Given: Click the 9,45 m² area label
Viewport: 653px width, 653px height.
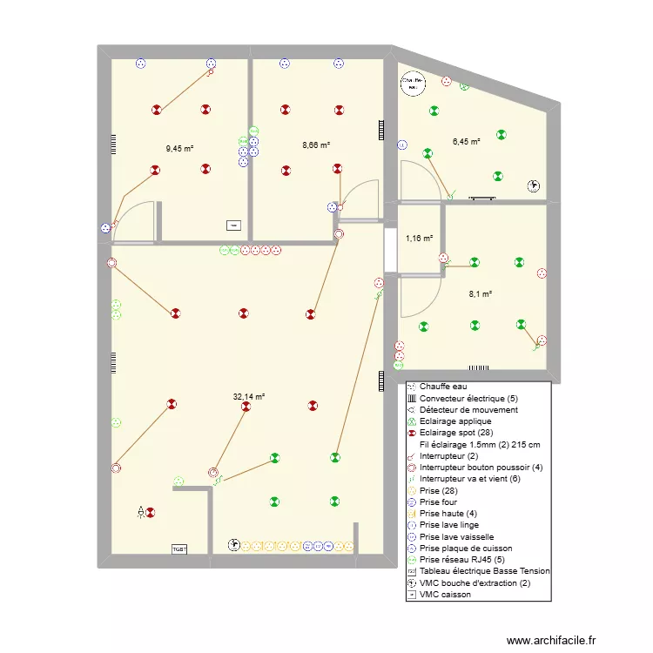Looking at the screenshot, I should [179, 148].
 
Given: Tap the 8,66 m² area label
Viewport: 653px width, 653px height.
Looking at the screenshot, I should [316, 145].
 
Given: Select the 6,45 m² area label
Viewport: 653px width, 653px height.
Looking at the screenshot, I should [466, 141].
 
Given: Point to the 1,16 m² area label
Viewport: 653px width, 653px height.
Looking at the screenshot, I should [419, 238].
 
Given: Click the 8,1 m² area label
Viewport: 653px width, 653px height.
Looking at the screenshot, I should [481, 294].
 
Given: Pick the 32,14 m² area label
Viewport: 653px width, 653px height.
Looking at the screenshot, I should [248, 397].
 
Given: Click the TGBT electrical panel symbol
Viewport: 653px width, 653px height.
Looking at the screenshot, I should [179, 549].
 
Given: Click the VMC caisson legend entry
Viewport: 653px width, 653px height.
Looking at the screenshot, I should [445, 595].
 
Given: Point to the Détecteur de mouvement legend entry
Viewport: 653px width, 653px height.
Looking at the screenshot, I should [468, 409].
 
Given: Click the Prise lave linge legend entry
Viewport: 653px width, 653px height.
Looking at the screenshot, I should [448, 525].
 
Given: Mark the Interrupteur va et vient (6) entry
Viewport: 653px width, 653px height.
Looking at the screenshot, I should [468, 479].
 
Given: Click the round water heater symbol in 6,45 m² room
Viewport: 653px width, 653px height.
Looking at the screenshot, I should [412, 83].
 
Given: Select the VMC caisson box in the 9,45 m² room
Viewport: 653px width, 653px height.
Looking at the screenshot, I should [232, 226].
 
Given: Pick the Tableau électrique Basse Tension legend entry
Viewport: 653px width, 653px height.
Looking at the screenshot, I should [484, 571].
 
